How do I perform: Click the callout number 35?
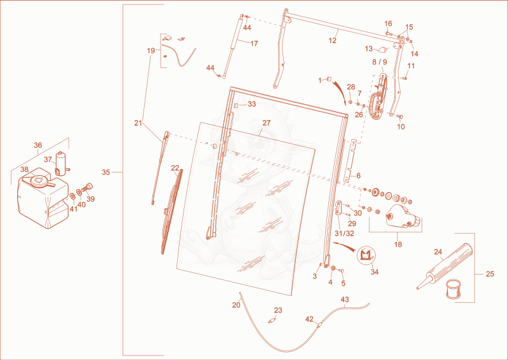[x=106, y=173]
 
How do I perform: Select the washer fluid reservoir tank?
[x=43, y=199]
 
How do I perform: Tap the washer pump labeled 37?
[x=62, y=163]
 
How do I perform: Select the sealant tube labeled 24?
[x=444, y=265]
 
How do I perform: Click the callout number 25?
[x=490, y=274]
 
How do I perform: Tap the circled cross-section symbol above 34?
[x=366, y=254]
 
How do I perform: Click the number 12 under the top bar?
[x=333, y=41]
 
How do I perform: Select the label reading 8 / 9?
[x=379, y=62]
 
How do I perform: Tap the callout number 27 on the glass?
[x=266, y=123]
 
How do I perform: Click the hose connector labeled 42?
[x=320, y=324]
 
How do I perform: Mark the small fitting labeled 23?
[x=272, y=321]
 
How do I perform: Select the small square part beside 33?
[x=236, y=105]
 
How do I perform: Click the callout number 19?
[x=151, y=51]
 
